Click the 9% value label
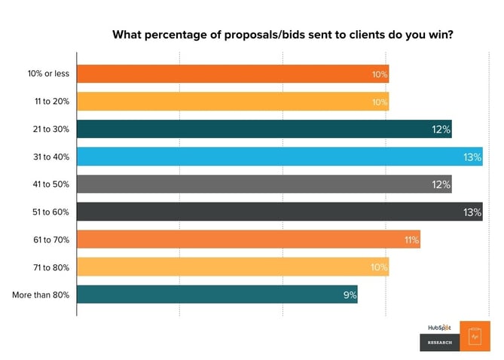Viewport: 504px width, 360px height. tap(350, 295)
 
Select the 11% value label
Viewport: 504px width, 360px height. tap(411, 240)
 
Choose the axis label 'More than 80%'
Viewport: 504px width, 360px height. tap(41, 294)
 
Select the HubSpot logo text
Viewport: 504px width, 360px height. tap(440, 328)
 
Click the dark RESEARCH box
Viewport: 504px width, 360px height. tap(440, 343)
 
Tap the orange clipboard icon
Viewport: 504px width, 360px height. tap(475, 336)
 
